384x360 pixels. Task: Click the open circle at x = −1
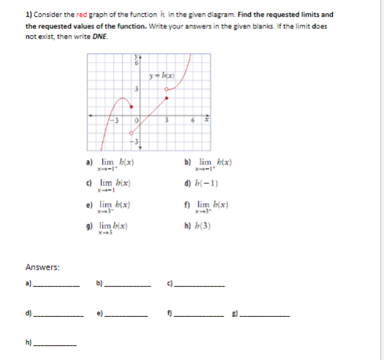132,134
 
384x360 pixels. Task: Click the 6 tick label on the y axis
137,64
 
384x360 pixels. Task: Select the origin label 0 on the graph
136,121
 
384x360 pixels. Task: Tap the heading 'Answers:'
42,267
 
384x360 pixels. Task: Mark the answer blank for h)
55,344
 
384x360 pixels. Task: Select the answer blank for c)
199,285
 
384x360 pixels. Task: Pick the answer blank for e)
128,316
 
